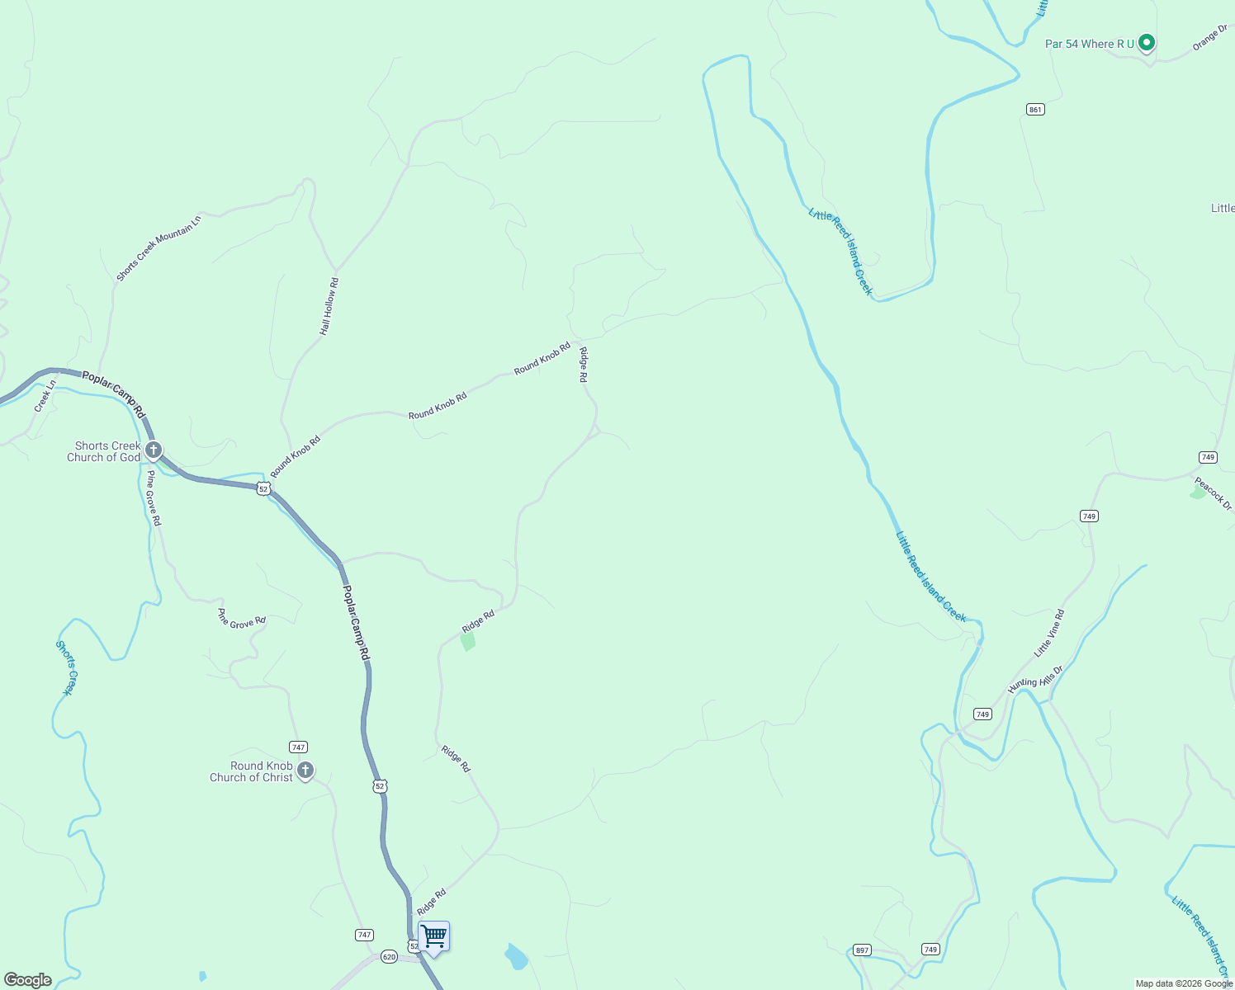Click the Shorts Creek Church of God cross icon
154,450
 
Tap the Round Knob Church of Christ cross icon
305,771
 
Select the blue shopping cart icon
433,937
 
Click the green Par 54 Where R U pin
1146,42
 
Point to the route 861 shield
1035,109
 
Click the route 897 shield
862,950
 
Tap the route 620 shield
390,957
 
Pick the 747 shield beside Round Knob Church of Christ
299,747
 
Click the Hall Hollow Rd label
329,306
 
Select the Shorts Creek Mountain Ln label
159,248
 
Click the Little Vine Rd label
1049,634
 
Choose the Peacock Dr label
1213,493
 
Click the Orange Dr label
1210,38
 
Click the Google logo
28,980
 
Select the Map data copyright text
1183,983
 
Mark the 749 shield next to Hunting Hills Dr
982,714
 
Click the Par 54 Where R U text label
1090,44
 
